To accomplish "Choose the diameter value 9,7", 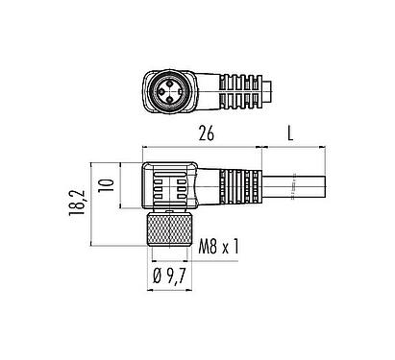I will tap(180, 279).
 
